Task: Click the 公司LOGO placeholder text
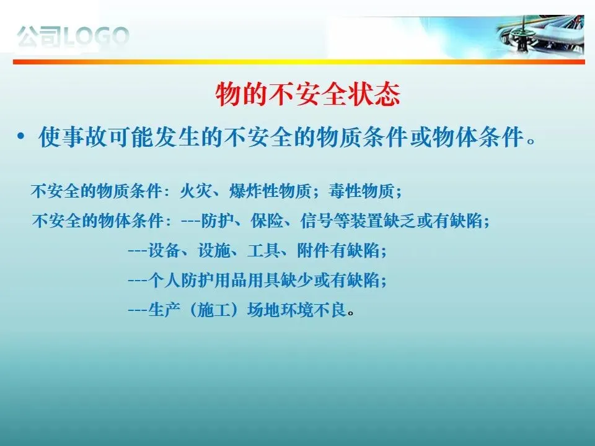coord(73,37)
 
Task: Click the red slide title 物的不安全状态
coord(308,94)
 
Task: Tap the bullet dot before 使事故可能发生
coord(20,136)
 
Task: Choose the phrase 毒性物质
coord(361,191)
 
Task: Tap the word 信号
coord(317,221)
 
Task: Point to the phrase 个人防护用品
coord(197,281)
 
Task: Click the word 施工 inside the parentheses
coord(214,310)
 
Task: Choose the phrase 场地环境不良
coord(296,310)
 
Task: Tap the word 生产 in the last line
coord(164,310)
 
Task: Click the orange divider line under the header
coord(299,62)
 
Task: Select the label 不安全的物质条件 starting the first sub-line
coord(97,191)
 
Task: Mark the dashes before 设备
coord(138,251)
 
